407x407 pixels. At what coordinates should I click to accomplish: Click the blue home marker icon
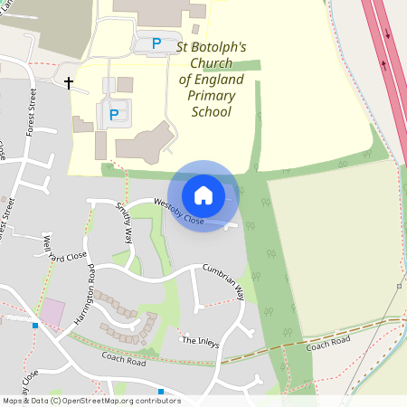pos(203,194)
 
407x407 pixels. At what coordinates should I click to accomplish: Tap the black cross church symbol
pos(69,83)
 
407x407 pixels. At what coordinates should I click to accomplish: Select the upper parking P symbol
pos(156,43)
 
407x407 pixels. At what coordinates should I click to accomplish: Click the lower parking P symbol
pos(114,115)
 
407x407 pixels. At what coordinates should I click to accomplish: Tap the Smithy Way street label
pos(124,222)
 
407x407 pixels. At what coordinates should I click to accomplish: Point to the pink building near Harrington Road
pos(53,313)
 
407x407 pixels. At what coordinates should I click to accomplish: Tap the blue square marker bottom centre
pos(161,392)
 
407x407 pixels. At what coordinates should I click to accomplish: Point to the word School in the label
pos(212,112)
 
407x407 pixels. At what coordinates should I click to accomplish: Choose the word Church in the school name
pos(205,63)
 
